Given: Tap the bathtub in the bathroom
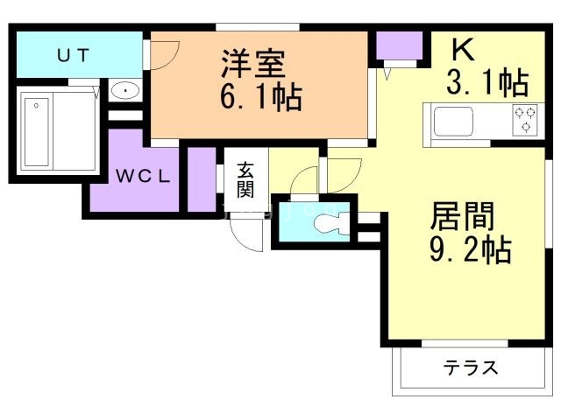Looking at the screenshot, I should click(36, 132).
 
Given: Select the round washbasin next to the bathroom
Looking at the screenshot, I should click(124, 90).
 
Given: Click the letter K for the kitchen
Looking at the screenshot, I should click(464, 48).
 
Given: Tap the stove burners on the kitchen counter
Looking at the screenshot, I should click(524, 120).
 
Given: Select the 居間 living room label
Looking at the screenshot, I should click(462, 215).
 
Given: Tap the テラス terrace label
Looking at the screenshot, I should click(471, 368).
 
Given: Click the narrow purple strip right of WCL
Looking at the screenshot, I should click(202, 179).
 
